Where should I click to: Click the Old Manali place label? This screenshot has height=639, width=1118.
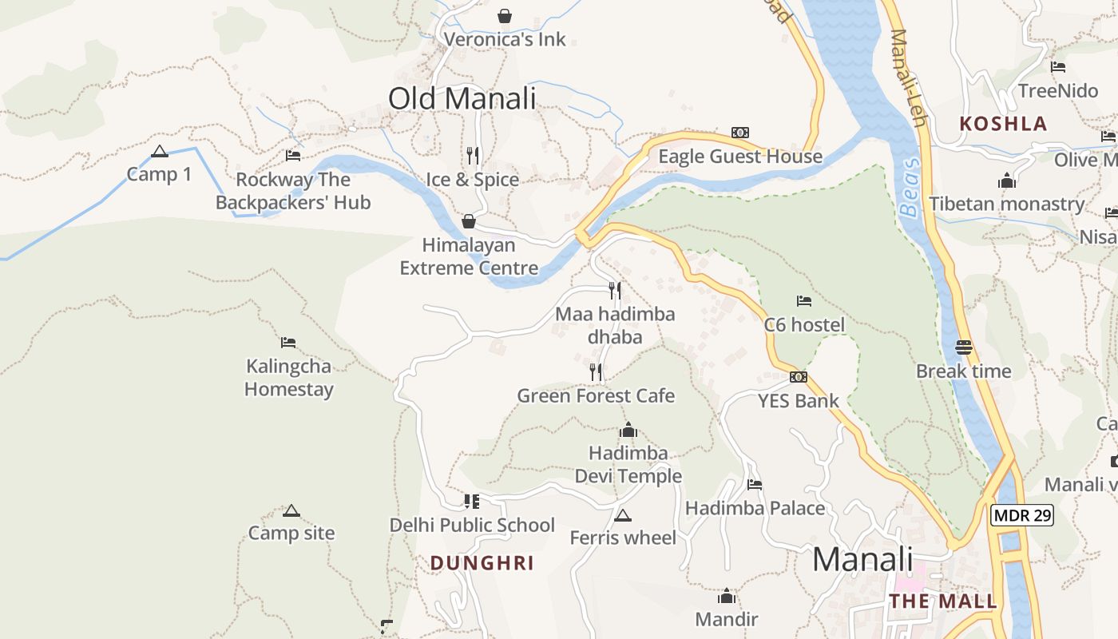462,99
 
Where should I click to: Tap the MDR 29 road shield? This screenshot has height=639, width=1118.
1022,515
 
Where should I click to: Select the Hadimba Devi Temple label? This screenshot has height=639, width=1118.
628,465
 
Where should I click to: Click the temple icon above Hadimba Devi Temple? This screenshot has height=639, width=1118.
628,431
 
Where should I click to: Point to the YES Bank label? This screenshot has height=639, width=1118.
798,401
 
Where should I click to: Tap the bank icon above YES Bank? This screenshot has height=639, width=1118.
798,377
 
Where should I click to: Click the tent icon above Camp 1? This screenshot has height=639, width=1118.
160,151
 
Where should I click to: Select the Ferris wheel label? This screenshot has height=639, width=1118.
623,538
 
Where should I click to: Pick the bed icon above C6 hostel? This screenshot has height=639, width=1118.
804,301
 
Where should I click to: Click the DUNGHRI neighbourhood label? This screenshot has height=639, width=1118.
482,563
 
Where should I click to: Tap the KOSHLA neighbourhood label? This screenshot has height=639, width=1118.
1003,124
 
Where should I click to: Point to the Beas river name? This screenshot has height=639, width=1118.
910,187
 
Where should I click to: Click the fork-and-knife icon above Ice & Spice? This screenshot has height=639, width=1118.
473,155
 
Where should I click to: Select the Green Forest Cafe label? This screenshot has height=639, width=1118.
596,395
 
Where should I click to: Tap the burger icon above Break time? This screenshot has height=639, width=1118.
964,347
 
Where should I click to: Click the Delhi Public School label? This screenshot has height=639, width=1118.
472,525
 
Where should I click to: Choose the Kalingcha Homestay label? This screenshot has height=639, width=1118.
289,378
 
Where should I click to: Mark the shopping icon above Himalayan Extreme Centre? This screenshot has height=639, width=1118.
469,221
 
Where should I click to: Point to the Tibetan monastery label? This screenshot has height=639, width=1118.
1006,204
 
